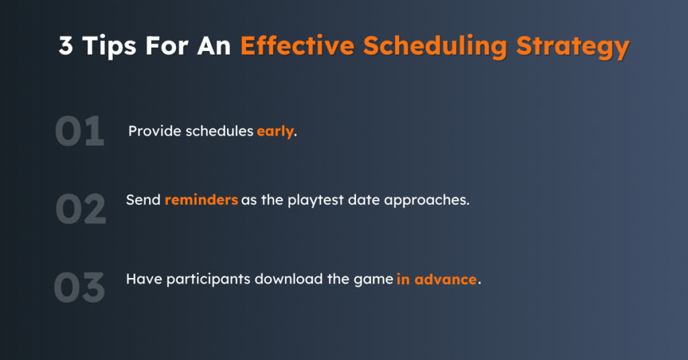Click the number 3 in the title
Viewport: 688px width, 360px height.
click(x=66, y=46)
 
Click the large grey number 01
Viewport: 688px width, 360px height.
click(x=79, y=132)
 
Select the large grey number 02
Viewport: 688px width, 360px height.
click(x=80, y=209)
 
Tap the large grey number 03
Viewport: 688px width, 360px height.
click(x=79, y=287)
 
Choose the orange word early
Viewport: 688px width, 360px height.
click(x=275, y=132)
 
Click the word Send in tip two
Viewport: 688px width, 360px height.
click(x=143, y=201)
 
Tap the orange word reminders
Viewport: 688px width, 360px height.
click(x=201, y=201)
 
